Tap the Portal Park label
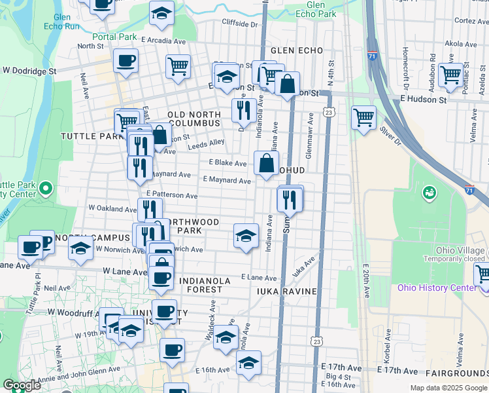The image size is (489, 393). pos(114,37)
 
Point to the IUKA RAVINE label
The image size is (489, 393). pos(287,291)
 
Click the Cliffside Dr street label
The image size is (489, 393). pos(240,24)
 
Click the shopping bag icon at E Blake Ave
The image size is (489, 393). pos(266,163)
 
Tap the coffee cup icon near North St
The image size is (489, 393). pos(125,61)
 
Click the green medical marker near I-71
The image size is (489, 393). pos(430,193)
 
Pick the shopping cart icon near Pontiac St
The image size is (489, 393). pos(450,75)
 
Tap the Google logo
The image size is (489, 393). pos(21,385)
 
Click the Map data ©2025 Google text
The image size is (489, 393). pos(448,388)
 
